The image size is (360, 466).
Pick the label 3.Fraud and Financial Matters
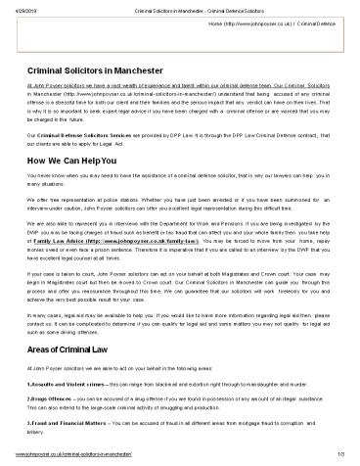click(x=71, y=423)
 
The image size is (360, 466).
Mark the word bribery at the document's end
click(x=43, y=431)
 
